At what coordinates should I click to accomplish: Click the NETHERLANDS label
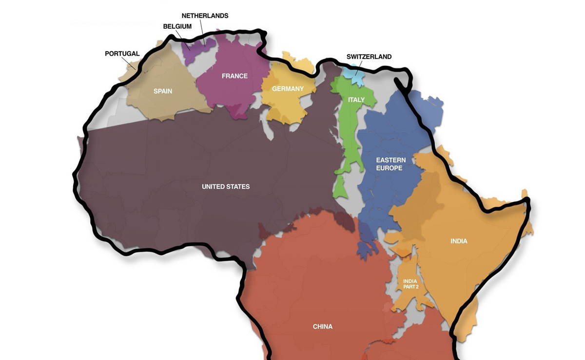click(x=205, y=16)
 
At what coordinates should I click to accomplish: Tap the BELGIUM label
click(x=177, y=26)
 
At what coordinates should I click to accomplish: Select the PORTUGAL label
click(x=122, y=54)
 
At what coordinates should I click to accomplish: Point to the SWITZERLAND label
click(x=369, y=57)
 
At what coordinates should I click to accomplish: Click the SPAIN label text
click(x=163, y=91)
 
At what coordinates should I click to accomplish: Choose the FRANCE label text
click(x=234, y=76)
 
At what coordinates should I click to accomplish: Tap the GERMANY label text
click(x=288, y=89)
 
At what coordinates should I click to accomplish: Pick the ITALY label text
click(x=356, y=100)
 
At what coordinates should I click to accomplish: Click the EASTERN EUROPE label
click(x=390, y=164)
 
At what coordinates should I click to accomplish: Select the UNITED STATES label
click(x=226, y=187)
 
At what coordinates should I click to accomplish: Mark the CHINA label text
click(x=322, y=327)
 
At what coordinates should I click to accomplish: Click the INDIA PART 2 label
click(x=410, y=284)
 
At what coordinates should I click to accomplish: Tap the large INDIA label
click(x=459, y=241)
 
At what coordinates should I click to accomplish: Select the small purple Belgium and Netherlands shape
click(x=197, y=46)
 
